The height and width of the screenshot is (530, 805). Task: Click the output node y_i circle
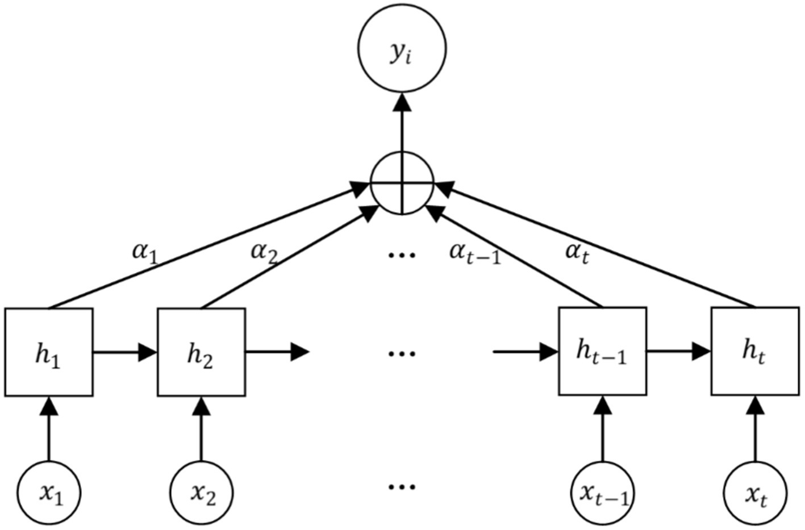(402, 48)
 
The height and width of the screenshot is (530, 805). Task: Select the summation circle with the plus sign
(402, 183)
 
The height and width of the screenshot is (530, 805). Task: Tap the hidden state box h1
(48, 352)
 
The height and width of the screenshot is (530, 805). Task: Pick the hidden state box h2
(201, 352)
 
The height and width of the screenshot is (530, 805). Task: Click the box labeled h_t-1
(602, 352)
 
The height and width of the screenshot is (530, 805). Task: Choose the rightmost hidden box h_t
(755, 352)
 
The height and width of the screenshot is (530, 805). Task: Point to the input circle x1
(48, 493)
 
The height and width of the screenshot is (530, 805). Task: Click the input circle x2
(201, 493)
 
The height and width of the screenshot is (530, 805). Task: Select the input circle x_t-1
(602, 493)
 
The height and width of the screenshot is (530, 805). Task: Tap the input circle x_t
(755, 493)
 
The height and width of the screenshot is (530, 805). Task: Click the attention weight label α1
(144, 251)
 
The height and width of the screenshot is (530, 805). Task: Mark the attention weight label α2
(264, 251)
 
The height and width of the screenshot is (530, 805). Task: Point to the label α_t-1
(475, 252)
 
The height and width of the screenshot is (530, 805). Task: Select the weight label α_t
(577, 252)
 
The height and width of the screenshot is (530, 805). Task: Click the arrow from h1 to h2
(125, 352)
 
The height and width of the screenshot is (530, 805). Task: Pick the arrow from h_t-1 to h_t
(678, 352)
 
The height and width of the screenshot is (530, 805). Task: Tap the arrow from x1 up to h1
(48, 429)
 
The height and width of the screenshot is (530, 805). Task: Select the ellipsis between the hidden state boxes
(402, 353)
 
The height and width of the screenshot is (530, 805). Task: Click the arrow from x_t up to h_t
(755, 429)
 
